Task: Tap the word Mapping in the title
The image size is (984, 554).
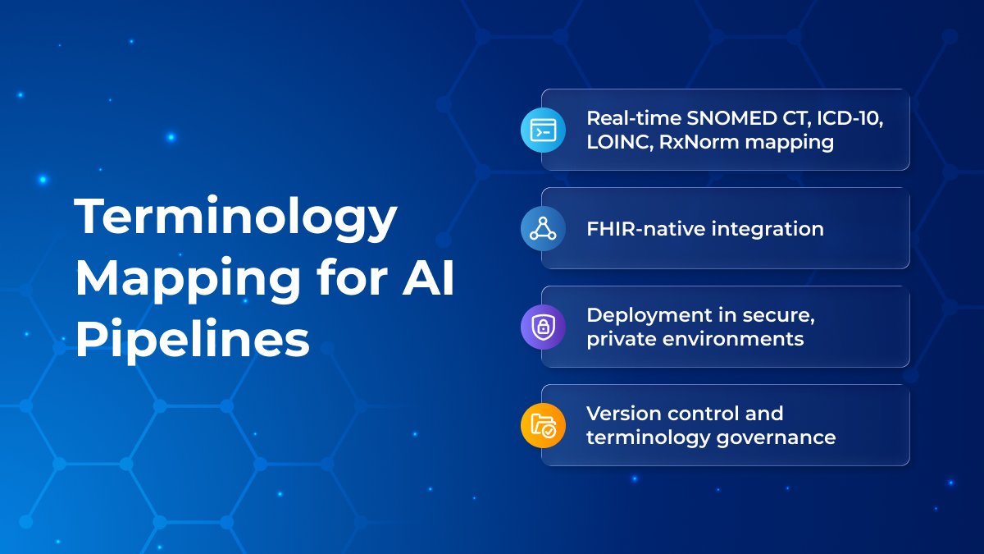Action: pyautogui.click(x=188, y=281)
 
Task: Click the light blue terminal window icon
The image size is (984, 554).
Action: pyautogui.click(x=543, y=130)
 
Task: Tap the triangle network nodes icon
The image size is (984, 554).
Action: pyautogui.click(x=543, y=229)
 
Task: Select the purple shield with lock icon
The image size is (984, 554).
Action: pyautogui.click(x=543, y=327)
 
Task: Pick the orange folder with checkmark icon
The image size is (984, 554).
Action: pyautogui.click(x=543, y=426)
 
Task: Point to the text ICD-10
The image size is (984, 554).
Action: pyautogui.click(x=850, y=119)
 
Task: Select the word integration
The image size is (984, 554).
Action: pyautogui.click(x=768, y=230)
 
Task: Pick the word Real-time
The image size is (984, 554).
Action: pyautogui.click(x=633, y=118)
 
